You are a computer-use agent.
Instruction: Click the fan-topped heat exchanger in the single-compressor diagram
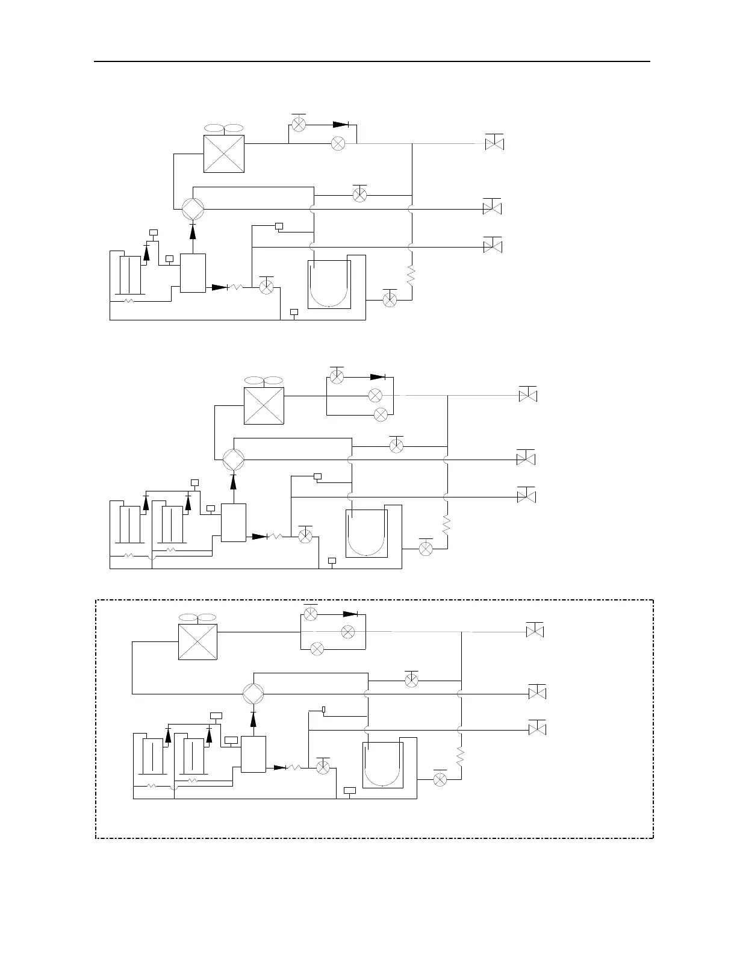pyautogui.click(x=224, y=153)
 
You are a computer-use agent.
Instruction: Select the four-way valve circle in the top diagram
pyautogui.click(x=193, y=209)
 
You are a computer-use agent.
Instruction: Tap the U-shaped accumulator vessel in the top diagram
pyautogui.click(x=329, y=284)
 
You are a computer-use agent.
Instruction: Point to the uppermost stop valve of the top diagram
pyautogui.click(x=494, y=144)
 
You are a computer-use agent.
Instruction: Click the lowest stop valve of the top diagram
pyautogui.click(x=493, y=247)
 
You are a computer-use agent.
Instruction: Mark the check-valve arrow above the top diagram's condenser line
pyautogui.click(x=341, y=125)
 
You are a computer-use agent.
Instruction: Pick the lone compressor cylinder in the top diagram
pyautogui.click(x=130, y=275)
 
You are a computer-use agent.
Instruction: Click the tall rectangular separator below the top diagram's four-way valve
pyautogui.click(x=193, y=273)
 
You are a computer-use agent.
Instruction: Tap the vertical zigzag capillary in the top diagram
pyautogui.click(x=411, y=276)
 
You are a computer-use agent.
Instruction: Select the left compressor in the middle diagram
pyautogui.click(x=130, y=525)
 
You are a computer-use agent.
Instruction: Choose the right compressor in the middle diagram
pyautogui.click(x=172, y=525)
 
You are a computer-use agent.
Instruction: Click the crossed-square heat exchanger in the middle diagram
pyautogui.click(x=264, y=405)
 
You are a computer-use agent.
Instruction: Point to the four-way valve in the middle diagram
pyautogui.click(x=234, y=460)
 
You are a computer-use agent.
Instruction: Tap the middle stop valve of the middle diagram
pyautogui.click(x=526, y=460)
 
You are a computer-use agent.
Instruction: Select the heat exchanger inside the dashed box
pyautogui.click(x=197, y=642)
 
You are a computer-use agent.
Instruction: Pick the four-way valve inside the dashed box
pyautogui.click(x=253, y=694)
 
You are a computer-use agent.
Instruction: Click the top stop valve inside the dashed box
pyautogui.click(x=535, y=632)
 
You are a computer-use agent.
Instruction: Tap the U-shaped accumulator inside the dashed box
pyautogui.click(x=382, y=764)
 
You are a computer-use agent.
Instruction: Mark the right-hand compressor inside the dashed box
pyautogui.click(x=193, y=756)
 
